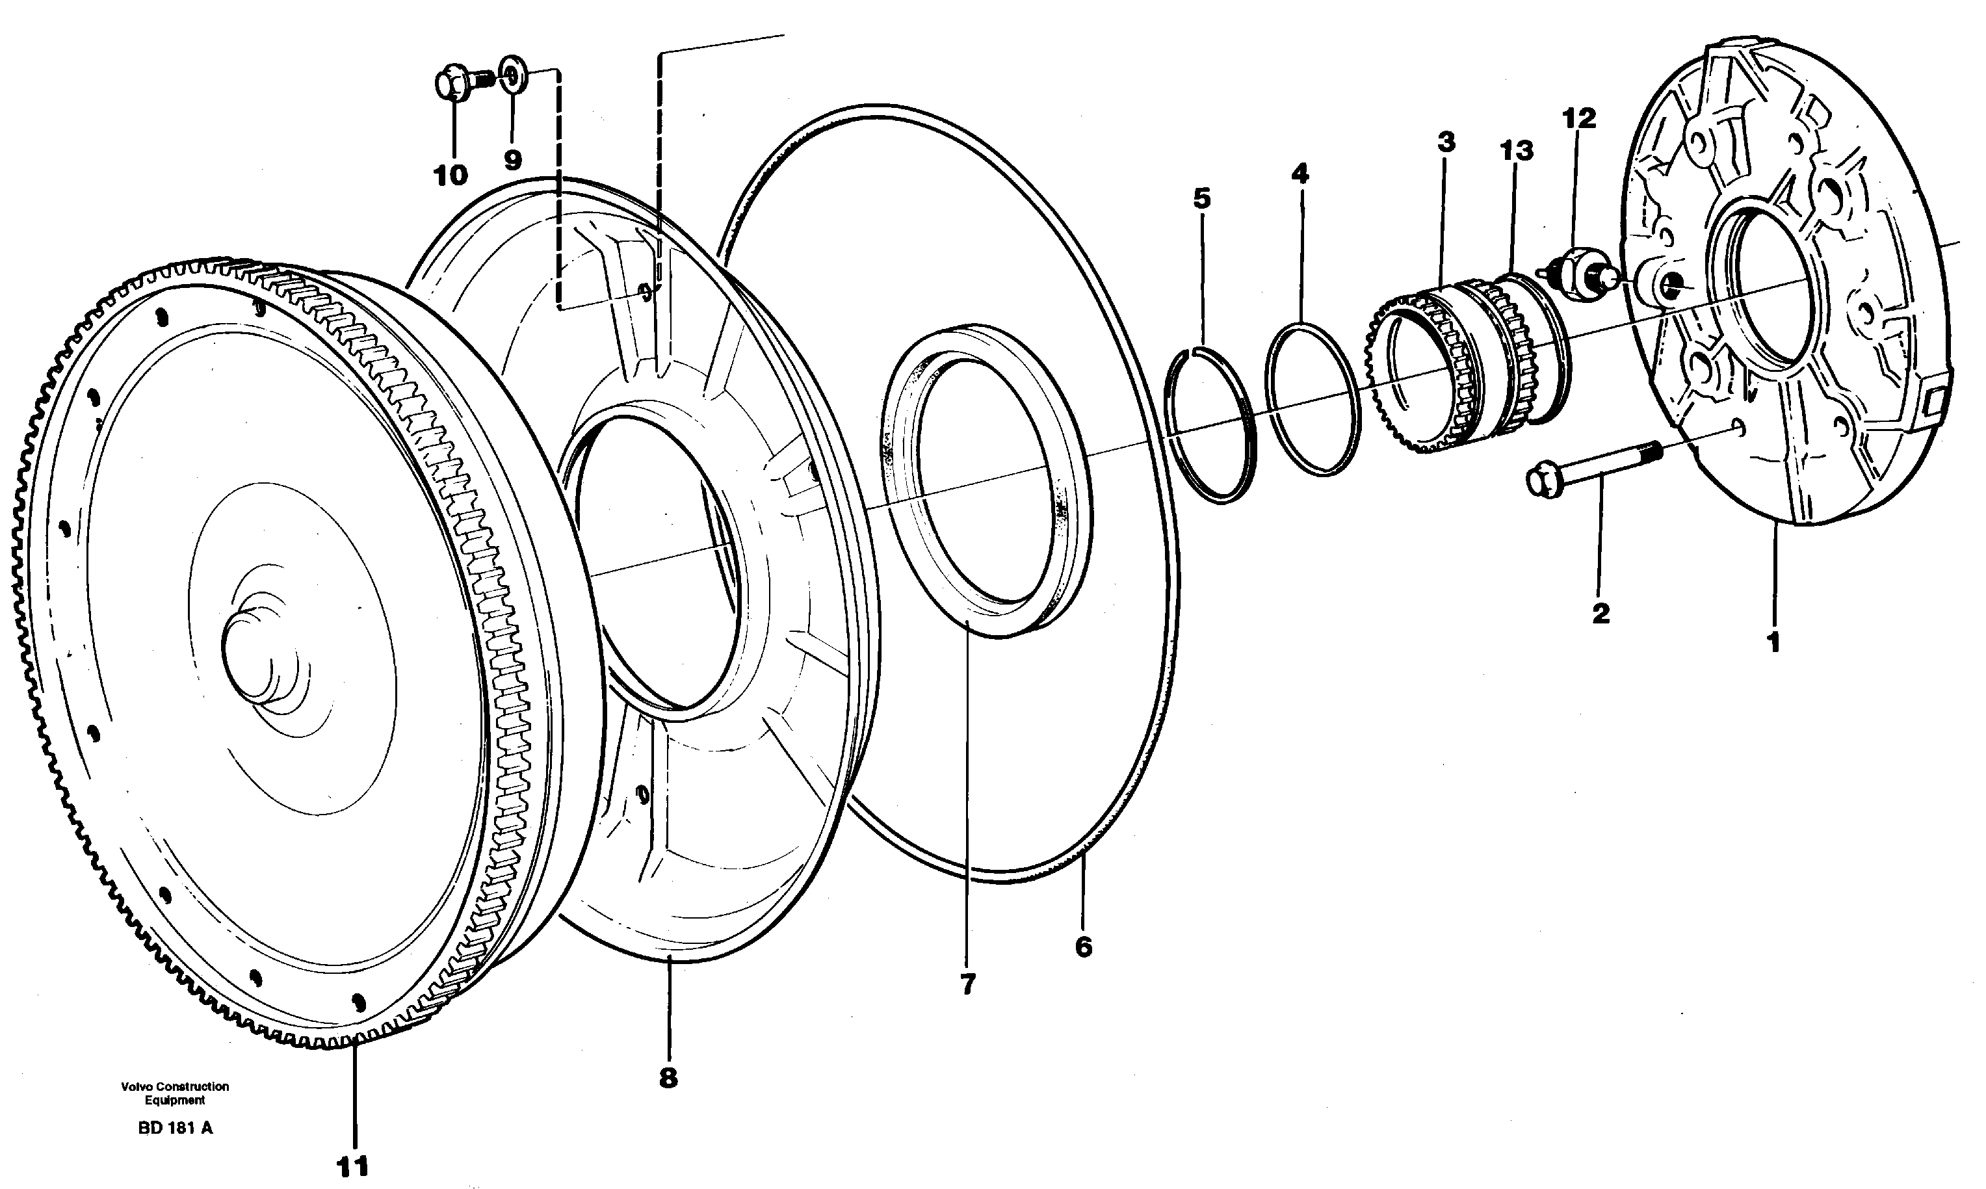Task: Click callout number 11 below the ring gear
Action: [352, 1166]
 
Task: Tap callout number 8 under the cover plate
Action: [668, 1078]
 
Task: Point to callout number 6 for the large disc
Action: [1083, 947]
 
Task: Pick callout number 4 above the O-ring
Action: [1300, 173]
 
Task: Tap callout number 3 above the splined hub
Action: [1445, 142]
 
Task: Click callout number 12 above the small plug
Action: [1579, 118]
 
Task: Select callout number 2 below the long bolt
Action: [1600, 614]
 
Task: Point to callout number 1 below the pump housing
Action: [1773, 642]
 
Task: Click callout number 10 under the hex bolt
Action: [451, 175]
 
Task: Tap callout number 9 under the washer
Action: [513, 159]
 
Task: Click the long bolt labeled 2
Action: [1590, 469]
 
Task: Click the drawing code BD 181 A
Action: [176, 1128]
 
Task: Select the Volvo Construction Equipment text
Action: [175, 1093]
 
